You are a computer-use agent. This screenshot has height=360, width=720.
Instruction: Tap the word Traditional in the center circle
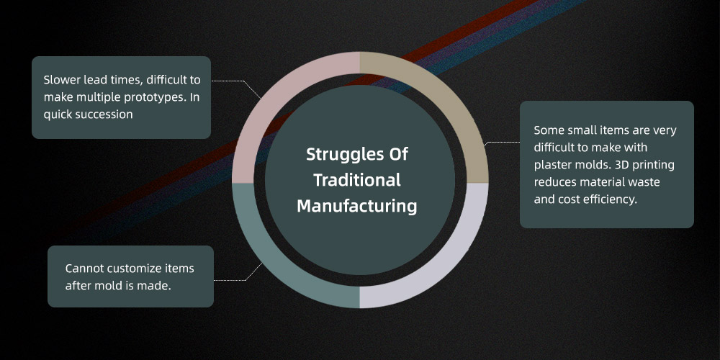coord(357,179)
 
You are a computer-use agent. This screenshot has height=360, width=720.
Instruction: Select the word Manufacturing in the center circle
coord(357,206)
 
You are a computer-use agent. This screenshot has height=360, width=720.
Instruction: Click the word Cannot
coord(81,268)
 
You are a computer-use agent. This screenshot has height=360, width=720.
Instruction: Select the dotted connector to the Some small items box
coord(502,143)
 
